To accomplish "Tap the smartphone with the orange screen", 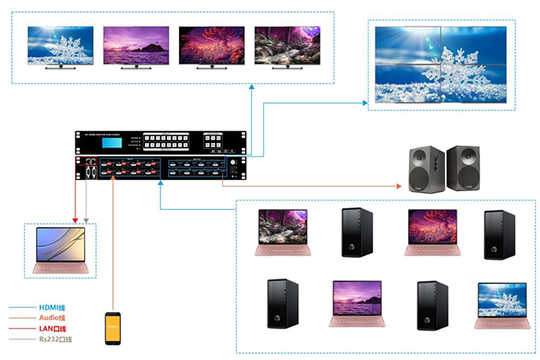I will click(112, 328).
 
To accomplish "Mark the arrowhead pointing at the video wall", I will click(367, 102).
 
